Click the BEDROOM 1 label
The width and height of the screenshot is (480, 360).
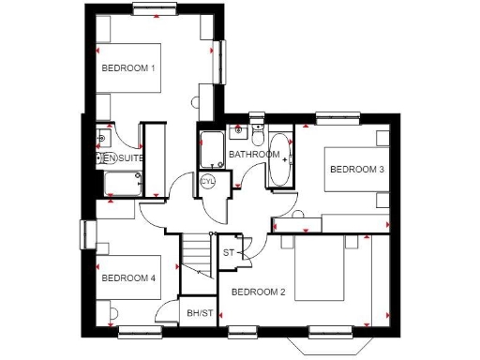coord(127,68)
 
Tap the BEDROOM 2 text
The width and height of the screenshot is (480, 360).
coord(258,292)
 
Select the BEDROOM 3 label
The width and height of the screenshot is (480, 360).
coord(355,169)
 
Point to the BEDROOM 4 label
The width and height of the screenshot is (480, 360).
coord(127,277)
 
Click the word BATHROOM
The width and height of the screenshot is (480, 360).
coord(254,155)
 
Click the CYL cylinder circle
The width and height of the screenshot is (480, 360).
coord(207,180)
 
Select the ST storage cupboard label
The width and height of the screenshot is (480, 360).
coord(228,253)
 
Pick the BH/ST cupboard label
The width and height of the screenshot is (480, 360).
coord(198,312)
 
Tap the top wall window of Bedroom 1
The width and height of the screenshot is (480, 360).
coord(156,9)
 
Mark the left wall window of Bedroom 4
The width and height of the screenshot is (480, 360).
coord(87,233)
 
